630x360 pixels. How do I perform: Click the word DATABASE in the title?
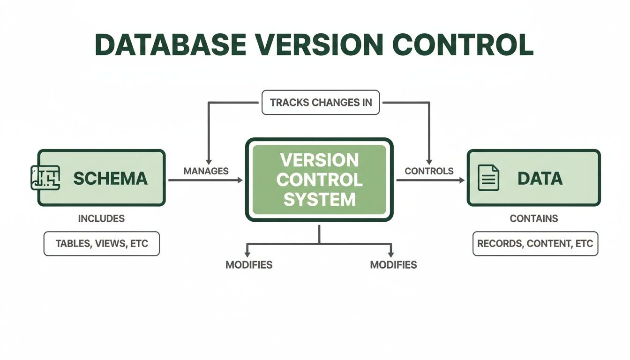pos(170,45)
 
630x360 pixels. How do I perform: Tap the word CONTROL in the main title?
pos(463,45)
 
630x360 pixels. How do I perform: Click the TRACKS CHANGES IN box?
pos(321,102)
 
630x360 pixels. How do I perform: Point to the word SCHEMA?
pos(111,178)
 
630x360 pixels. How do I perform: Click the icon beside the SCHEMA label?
pos(45,178)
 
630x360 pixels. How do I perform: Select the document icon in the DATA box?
pos(488,178)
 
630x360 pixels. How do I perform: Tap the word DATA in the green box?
pos(540,178)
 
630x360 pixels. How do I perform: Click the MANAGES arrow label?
pos(206,171)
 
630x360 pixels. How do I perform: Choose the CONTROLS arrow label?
pos(429,171)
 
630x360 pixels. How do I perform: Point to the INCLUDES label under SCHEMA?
pos(101,218)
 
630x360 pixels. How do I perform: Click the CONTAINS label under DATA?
pos(534,218)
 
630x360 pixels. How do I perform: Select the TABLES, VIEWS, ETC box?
pos(101,244)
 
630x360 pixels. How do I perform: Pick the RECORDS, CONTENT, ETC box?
pos(535,244)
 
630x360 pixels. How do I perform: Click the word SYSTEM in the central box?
pos(319,200)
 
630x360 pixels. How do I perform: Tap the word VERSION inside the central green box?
pos(319,160)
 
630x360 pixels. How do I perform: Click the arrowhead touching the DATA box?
pos(462,180)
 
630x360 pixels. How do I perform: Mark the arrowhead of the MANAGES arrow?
pos(240,180)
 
